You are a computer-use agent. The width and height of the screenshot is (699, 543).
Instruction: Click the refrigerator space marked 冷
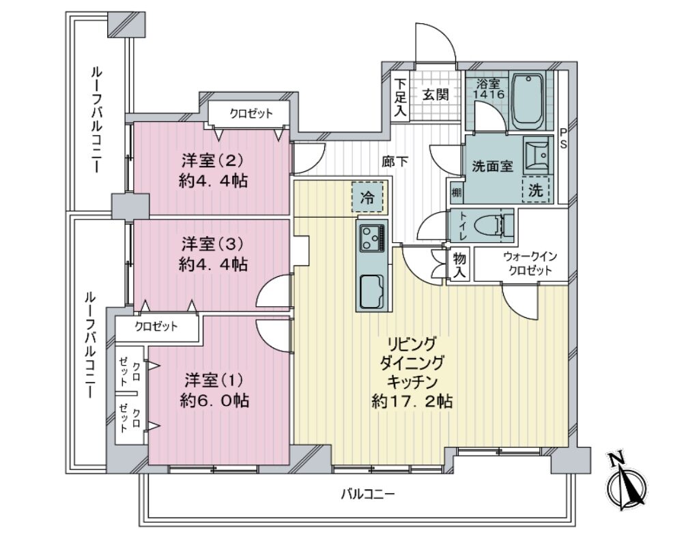tap(368, 196)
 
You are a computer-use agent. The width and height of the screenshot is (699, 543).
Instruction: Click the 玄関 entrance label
tap(436, 94)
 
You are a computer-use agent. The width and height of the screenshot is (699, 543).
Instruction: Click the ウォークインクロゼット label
tap(530, 264)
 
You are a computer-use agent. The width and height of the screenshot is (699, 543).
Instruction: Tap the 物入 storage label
tap(459, 265)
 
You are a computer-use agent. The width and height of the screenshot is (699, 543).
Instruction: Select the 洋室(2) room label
tap(212, 159)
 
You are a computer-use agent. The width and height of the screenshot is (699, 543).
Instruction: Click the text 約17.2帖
tap(412, 401)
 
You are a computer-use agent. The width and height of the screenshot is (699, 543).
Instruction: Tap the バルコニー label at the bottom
tap(368, 495)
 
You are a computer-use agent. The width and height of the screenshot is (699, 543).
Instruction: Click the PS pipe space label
tap(563, 138)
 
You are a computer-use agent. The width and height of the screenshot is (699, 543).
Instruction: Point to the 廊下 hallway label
tap(395, 161)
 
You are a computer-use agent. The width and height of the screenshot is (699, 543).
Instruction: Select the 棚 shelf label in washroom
tap(457, 193)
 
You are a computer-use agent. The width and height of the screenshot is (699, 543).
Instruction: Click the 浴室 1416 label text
tap(489, 89)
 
